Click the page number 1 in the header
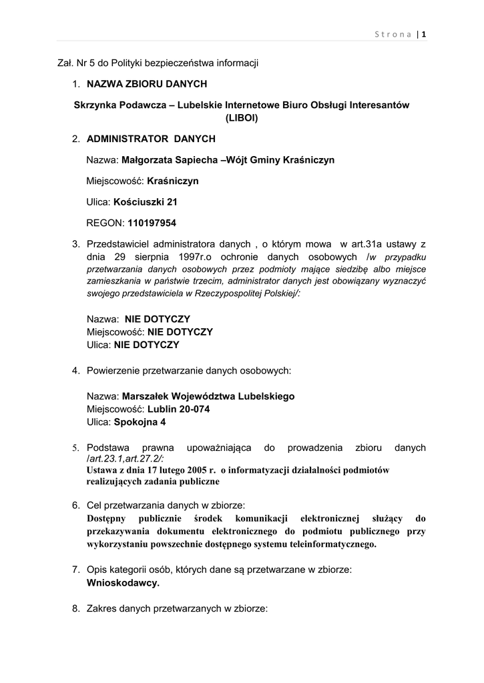(x=423, y=35)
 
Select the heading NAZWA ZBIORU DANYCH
(x=147, y=83)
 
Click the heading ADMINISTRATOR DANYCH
(x=151, y=139)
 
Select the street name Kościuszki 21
(x=146, y=201)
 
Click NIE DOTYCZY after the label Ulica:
(x=147, y=345)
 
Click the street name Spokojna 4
(x=140, y=422)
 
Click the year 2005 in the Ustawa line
(x=190, y=470)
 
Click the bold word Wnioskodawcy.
(x=124, y=582)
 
